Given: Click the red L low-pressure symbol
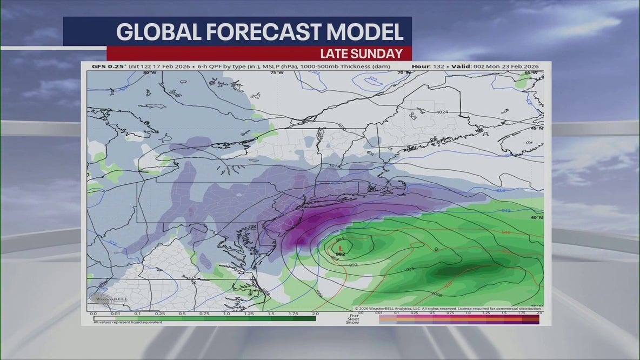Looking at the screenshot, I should [341, 248].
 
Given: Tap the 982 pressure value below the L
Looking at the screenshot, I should [341, 254].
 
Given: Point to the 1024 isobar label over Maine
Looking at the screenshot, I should [442, 112].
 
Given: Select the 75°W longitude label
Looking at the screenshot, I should [277, 72].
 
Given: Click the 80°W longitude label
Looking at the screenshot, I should [149, 72].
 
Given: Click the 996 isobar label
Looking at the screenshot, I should [410, 268].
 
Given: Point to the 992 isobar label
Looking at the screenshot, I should [353, 264].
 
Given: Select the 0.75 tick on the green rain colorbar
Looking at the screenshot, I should [204, 314].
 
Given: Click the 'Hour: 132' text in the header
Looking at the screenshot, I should [428, 66].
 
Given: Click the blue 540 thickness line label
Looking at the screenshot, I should [506, 210].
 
